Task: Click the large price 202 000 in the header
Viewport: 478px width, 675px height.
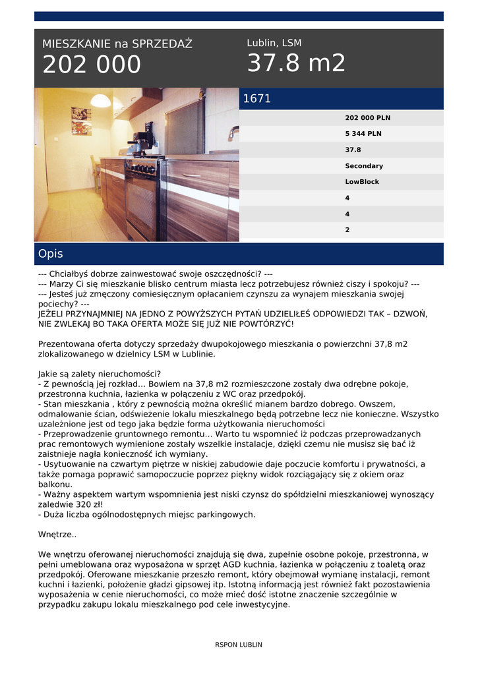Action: [92, 65]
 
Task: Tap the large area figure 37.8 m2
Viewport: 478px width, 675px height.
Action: [296, 63]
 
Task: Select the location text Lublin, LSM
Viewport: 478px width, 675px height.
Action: [274, 43]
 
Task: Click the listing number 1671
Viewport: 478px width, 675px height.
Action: [257, 99]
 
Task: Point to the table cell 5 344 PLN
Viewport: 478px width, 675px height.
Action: [363, 134]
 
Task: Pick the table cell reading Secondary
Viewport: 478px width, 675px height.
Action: [364, 166]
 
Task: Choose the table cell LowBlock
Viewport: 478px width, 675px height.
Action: [362, 182]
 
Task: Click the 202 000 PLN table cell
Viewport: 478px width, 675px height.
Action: [367, 118]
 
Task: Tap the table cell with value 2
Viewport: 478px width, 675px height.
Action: [347, 230]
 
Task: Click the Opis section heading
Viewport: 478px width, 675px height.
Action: [51, 254]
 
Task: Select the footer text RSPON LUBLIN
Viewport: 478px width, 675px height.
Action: [239, 645]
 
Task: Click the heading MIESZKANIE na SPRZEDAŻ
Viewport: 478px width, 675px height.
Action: [117, 44]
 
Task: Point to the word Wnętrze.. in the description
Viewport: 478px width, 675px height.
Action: [57, 535]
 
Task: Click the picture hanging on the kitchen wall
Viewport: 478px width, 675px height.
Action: [81, 121]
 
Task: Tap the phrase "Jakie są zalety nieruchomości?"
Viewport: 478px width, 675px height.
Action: [95, 374]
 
